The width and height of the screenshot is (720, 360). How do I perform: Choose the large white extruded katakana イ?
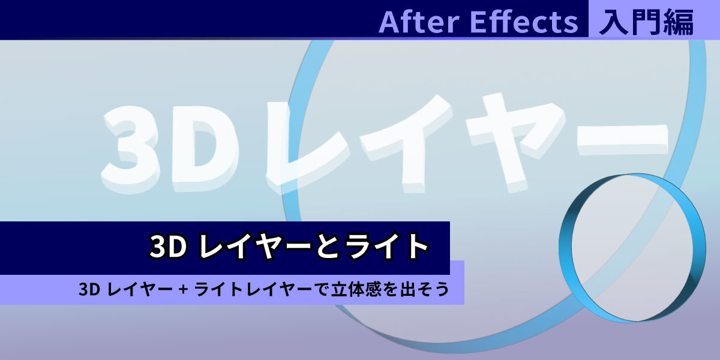[407, 142]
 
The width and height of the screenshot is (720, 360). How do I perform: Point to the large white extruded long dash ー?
[622, 140]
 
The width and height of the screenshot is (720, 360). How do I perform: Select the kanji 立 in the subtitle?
[341, 289]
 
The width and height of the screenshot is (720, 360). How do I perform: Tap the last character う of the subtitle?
[442, 289]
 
